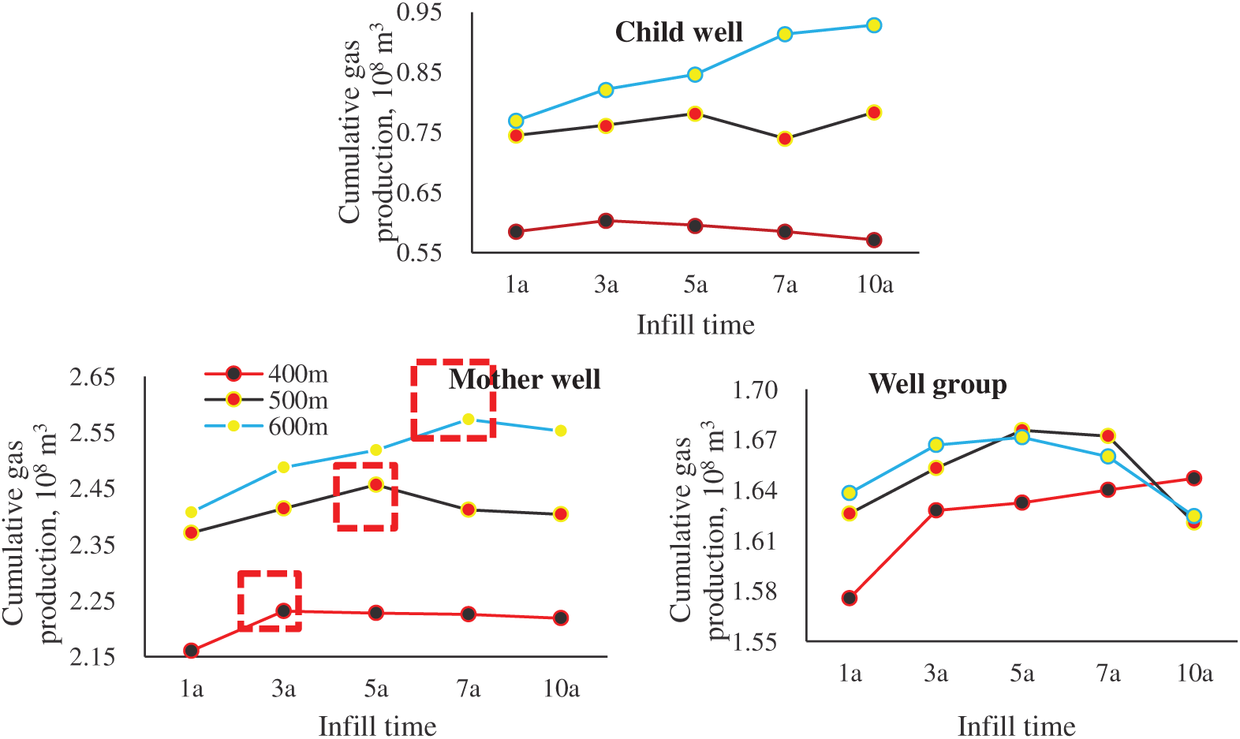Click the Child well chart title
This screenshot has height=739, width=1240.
[x=678, y=32]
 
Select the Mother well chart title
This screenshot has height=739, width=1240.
[x=525, y=379]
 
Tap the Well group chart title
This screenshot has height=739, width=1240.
[x=937, y=384]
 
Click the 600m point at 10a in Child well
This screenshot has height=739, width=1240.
[x=874, y=25]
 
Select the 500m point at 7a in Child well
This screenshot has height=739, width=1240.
[x=784, y=139]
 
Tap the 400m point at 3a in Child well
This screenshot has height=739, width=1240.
[x=606, y=221]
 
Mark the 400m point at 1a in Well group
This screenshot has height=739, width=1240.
[x=850, y=598]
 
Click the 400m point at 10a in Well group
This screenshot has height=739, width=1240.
[x=1194, y=478]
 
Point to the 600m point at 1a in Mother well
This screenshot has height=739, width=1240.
[x=191, y=513]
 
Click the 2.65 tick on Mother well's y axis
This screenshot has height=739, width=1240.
[x=92, y=377]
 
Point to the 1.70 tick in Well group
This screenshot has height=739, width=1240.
[x=755, y=390]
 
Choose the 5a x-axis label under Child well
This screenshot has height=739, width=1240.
[x=695, y=284]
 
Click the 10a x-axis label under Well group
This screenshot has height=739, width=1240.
[x=1194, y=674]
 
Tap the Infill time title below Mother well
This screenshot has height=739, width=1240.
[x=377, y=726]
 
